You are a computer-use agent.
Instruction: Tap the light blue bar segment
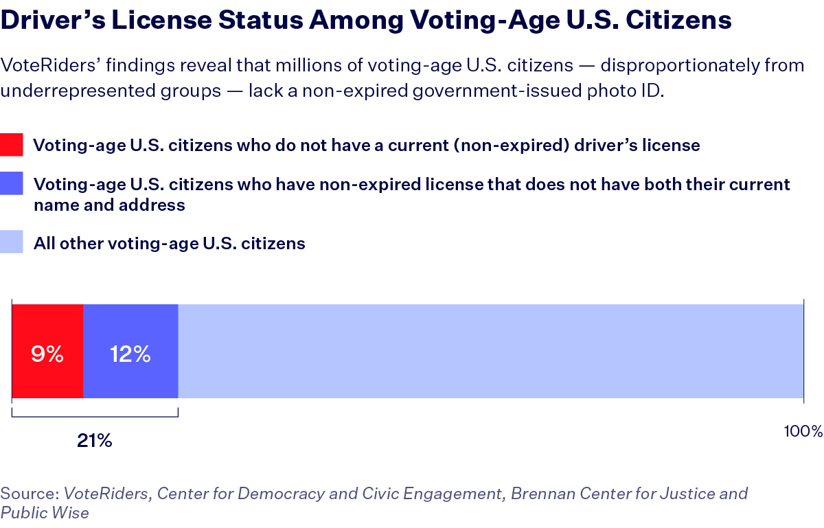click(490, 351)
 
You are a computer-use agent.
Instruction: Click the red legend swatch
click(12, 146)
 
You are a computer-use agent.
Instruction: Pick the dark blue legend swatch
click(12, 185)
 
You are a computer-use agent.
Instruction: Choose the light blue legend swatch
click(12, 243)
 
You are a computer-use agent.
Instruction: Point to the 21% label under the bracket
click(94, 441)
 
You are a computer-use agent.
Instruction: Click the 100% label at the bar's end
click(802, 431)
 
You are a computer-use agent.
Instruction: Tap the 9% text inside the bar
click(47, 354)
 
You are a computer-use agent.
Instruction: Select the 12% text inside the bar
click(130, 354)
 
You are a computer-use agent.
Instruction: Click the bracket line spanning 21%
click(95, 416)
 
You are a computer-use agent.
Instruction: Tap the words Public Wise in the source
click(45, 513)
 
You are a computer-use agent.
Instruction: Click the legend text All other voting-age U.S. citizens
click(170, 243)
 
